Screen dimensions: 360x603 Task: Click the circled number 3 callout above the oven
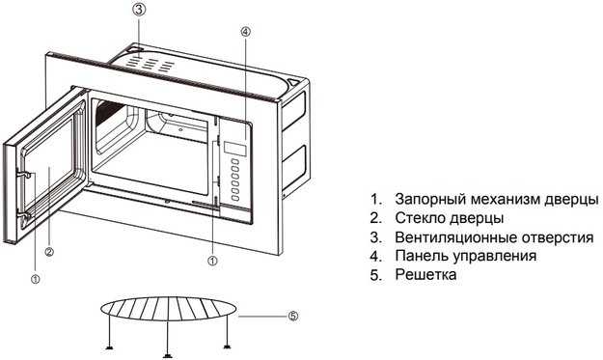click(x=140, y=10)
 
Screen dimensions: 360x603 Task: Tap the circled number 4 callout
click(x=246, y=32)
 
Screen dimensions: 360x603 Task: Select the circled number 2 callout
click(x=48, y=254)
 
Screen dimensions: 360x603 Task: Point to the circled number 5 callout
click(x=293, y=316)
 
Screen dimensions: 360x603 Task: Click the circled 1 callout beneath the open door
click(x=35, y=279)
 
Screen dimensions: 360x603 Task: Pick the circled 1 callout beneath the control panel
click(x=212, y=260)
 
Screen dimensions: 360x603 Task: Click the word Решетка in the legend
click(x=425, y=276)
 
